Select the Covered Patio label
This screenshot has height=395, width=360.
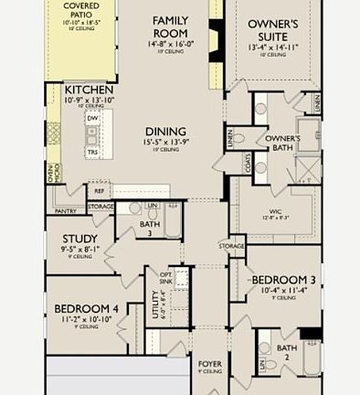[x=81, y=12]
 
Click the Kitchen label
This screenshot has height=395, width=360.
[x=89, y=90]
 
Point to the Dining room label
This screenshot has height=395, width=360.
[x=165, y=132]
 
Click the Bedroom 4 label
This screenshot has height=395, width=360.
[x=86, y=309]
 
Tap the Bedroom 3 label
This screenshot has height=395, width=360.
[x=283, y=279]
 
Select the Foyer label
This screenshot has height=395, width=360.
[x=210, y=364]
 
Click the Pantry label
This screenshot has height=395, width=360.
[x=66, y=211]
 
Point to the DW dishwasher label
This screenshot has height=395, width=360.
[x=92, y=118]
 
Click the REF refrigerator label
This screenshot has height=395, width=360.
[x=98, y=191]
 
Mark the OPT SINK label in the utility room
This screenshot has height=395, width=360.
[x=166, y=279]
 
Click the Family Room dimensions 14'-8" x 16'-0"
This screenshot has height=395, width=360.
[x=170, y=42]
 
